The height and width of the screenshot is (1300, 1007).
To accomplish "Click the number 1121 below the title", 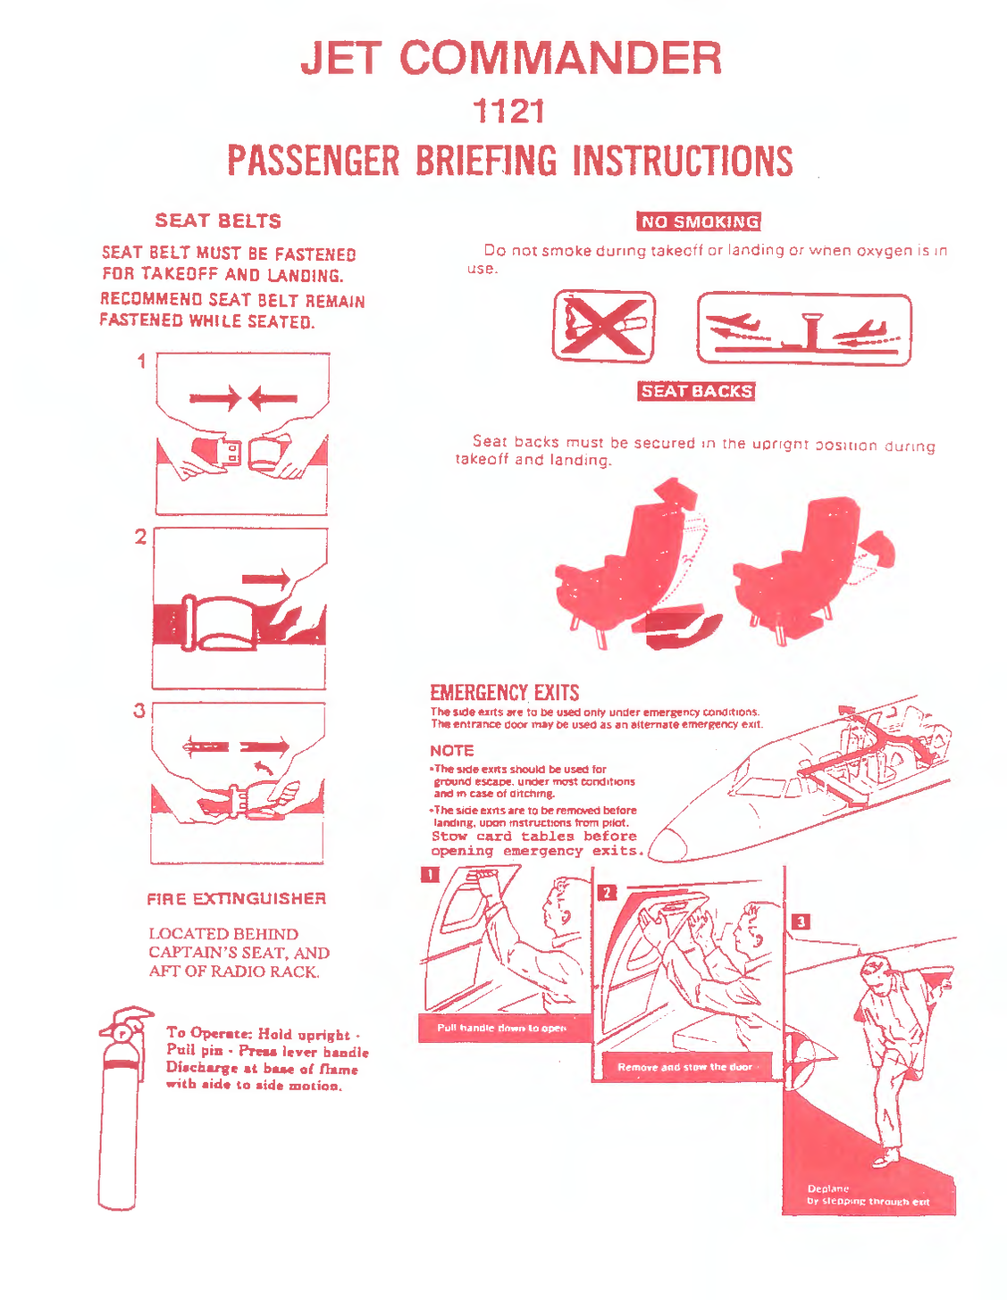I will pos(508,112).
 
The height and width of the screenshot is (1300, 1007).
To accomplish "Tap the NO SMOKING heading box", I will pos(699,221).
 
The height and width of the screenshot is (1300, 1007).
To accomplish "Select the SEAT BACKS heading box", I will pos(697,391).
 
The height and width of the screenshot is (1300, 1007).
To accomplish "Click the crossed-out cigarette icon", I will pos(603,326).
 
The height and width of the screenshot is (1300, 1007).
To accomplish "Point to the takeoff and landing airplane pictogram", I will pos(803,329).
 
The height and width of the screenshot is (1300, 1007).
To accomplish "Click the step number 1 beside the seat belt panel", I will pos(141,362).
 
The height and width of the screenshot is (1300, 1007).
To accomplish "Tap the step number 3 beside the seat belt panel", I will pos(139,711).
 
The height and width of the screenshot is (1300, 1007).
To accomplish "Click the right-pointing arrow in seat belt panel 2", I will pos(266,579).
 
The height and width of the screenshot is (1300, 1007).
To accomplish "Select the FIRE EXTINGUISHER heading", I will pos(236,898).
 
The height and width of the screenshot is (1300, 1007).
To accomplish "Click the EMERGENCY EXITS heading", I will pos(504,693).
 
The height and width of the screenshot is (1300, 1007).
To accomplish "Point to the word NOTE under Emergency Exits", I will pos(452,751).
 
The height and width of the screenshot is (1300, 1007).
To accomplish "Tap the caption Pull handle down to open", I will pos(502,1028).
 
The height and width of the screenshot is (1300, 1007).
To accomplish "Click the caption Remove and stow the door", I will pos(684,1067).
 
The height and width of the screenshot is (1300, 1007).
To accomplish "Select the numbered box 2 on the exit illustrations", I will pos(606,893).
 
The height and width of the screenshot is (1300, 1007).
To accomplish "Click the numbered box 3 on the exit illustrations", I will pos(801,921).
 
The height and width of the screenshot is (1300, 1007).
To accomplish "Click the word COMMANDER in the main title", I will pos(560,59).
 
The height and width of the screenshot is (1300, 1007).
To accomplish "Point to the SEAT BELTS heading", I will pos(218,221).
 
